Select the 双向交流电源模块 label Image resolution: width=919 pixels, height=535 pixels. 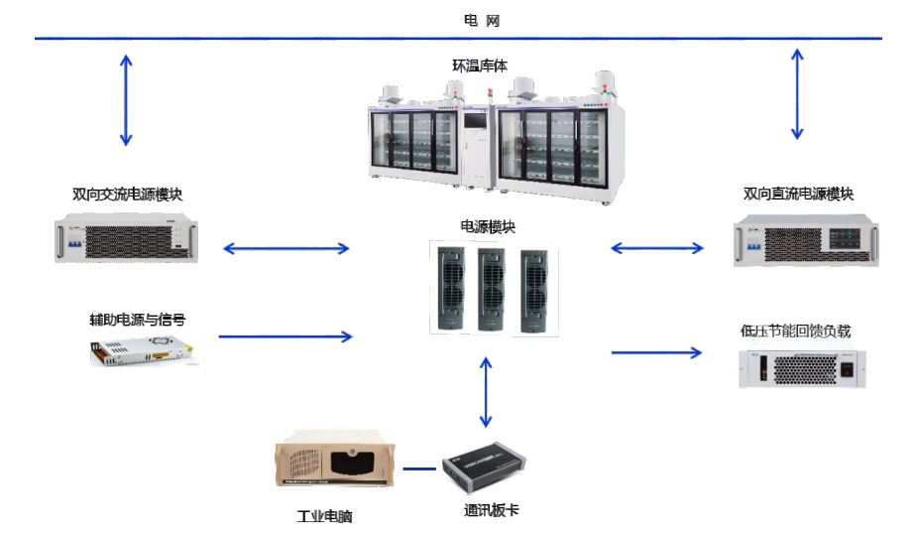[128, 195]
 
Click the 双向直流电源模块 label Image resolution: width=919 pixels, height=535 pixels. [798, 194]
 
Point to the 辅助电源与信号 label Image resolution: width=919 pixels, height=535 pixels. [137, 320]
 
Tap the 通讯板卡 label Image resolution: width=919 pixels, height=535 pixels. [491, 510]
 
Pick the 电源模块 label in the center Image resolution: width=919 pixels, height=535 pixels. [488, 226]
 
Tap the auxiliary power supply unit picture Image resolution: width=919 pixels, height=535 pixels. [141, 350]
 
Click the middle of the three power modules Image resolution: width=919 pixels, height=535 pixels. [489, 289]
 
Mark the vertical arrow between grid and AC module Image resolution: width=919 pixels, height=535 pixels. [126, 100]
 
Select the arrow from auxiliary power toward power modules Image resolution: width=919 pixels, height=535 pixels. [286, 336]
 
